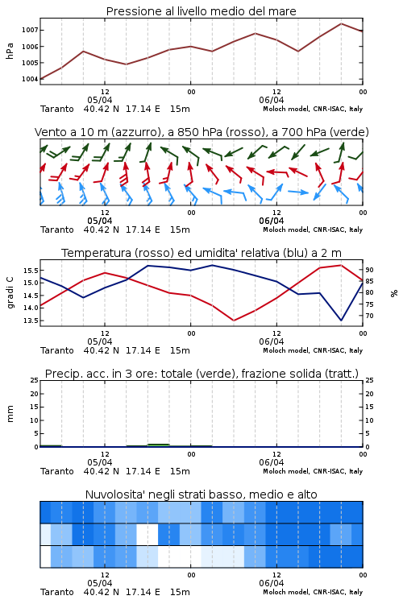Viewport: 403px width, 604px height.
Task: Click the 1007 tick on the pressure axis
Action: pos(30,30)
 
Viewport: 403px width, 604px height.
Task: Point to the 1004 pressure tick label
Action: pos(30,80)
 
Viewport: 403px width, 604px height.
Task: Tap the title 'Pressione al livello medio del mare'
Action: pos(201,11)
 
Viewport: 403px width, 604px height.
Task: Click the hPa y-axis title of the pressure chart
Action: pos(10,51)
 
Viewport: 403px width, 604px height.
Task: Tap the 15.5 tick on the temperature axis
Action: pos(31,271)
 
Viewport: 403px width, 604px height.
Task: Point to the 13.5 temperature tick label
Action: pos(31,321)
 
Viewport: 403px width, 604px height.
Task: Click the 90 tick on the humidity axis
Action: pos(369,270)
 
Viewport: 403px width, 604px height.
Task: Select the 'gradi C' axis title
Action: pos(10,292)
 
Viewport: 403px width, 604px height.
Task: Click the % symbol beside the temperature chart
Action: pos(394,293)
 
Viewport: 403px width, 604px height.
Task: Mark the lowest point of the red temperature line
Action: pos(234,321)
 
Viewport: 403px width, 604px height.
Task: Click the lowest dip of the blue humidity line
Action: pos(341,321)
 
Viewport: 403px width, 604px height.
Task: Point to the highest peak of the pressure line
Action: pos(341,23)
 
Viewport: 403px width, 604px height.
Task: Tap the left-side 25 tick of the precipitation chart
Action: pos(35,380)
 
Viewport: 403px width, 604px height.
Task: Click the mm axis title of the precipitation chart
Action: pos(10,414)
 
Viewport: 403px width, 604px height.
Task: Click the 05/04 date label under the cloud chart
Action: pos(100,583)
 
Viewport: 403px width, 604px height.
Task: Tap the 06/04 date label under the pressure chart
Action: pos(272,100)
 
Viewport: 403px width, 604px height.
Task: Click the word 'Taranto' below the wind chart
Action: pos(57,230)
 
